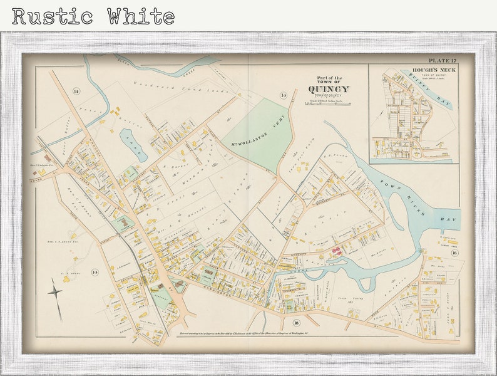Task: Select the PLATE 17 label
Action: (x=443, y=60)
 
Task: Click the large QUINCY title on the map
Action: (x=329, y=89)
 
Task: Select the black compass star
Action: (x=55, y=291)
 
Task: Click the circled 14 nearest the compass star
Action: (x=95, y=271)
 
